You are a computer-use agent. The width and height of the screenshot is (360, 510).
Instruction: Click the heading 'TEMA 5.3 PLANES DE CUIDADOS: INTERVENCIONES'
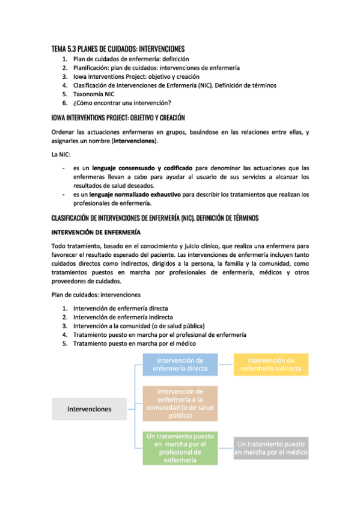pyautogui.click(x=118, y=49)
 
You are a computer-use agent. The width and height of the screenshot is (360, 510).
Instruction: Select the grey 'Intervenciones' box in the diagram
pyautogui.click(x=89, y=409)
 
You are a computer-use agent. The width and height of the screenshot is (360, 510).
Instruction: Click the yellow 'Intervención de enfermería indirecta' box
pyautogui.click(x=270, y=364)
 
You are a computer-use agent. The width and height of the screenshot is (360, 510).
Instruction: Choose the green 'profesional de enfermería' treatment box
pyautogui.click(x=180, y=448)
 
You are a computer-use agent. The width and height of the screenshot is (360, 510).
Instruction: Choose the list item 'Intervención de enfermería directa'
pyautogui.click(x=120, y=308)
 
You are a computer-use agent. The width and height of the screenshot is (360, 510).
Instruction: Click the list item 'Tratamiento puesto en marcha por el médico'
pyautogui.click(x=135, y=343)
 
